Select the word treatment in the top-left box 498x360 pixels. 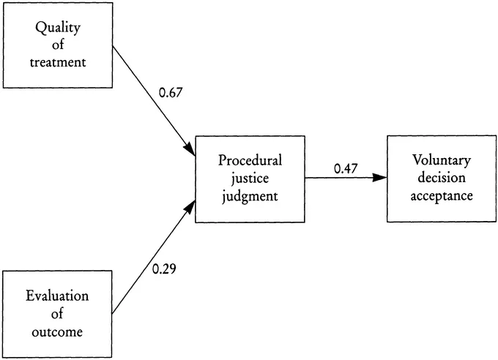[57, 61]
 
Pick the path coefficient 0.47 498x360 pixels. [345, 168]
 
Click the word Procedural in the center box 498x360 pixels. [250, 160]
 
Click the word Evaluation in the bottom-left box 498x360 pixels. [57, 296]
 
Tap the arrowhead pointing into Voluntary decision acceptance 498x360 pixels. [379, 178]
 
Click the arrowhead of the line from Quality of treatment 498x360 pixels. [189, 149]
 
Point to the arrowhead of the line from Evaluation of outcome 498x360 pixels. [190, 207]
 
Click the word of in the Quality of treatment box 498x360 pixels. [57, 45]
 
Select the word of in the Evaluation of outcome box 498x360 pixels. [57, 313]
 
